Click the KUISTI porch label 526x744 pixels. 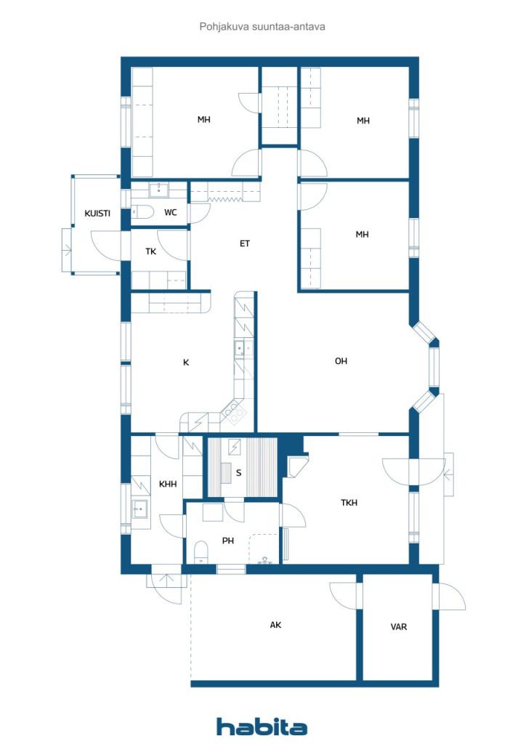(x=97, y=214)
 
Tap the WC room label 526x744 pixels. (x=170, y=213)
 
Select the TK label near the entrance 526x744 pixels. (x=151, y=251)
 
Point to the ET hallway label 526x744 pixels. (x=244, y=244)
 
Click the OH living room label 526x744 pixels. (x=341, y=361)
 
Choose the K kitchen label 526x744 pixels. (x=186, y=363)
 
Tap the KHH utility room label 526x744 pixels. (x=168, y=484)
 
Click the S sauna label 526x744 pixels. (x=238, y=472)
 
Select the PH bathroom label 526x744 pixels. (x=227, y=541)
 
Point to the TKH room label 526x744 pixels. (x=349, y=503)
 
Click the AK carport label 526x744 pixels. (x=275, y=625)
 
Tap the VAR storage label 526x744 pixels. (x=398, y=627)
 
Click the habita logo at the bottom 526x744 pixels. (x=262, y=727)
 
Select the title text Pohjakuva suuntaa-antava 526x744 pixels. (x=262, y=27)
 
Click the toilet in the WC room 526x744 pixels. (x=142, y=211)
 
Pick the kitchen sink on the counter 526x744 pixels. (x=243, y=348)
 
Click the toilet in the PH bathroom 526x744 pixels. (x=201, y=552)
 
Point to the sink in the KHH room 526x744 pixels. (x=139, y=509)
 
